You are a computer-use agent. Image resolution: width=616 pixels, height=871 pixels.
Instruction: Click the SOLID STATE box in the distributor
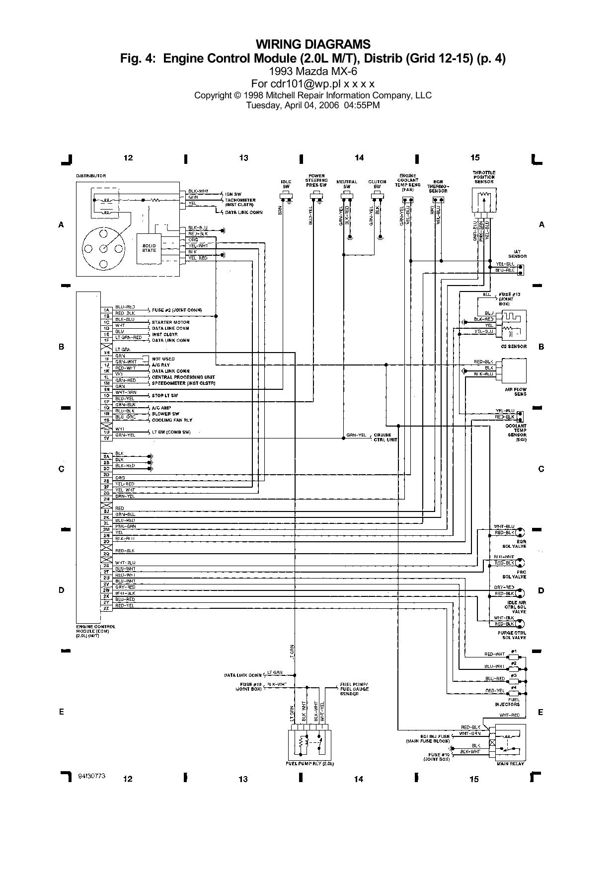[x=149, y=248]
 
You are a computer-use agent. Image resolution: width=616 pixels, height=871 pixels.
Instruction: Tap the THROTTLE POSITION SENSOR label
[x=484, y=177]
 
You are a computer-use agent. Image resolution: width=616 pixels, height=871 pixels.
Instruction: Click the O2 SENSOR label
[x=515, y=346]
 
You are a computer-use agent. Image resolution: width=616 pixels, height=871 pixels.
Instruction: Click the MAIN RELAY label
[x=510, y=764]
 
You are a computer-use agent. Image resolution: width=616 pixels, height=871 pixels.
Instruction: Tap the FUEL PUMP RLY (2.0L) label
[x=310, y=763]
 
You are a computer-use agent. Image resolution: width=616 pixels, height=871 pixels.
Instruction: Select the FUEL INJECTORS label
[x=507, y=702]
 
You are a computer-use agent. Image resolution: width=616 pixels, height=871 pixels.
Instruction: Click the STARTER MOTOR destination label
[x=170, y=322]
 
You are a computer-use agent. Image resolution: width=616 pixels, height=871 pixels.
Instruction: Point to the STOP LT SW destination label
[x=165, y=395]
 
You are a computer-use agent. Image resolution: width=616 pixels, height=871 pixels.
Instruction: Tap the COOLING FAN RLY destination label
[x=172, y=420]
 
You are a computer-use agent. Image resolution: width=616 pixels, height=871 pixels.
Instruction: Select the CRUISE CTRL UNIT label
[x=385, y=437]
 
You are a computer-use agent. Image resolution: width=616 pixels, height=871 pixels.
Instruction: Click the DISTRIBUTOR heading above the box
[x=91, y=176]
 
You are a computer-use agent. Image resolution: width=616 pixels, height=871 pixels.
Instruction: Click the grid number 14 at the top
[x=359, y=157]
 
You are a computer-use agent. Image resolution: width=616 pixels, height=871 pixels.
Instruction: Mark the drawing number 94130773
[x=92, y=776]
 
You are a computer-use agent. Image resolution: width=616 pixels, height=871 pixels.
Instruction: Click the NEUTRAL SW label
[x=347, y=184]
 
